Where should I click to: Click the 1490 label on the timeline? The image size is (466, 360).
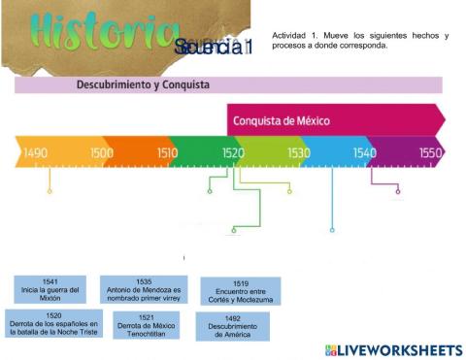[x=36, y=153]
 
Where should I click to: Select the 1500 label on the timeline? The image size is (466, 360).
[x=101, y=153]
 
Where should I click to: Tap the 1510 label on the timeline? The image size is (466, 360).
[x=166, y=153]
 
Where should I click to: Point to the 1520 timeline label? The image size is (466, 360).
[x=233, y=153]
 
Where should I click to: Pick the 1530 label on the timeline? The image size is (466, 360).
[x=299, y=153]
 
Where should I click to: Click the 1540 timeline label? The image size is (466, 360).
[x=365, y=153]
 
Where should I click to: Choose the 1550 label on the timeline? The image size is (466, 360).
[x=430, y=153]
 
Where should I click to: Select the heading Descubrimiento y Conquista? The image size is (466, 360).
[x=143, y=85]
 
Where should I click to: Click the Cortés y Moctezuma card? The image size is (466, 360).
[x=240, y=291]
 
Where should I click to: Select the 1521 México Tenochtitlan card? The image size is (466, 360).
[x=144, y=325]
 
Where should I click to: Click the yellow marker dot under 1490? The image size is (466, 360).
[x=50, y=191]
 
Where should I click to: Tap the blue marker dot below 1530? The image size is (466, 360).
[x=332, y=230]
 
